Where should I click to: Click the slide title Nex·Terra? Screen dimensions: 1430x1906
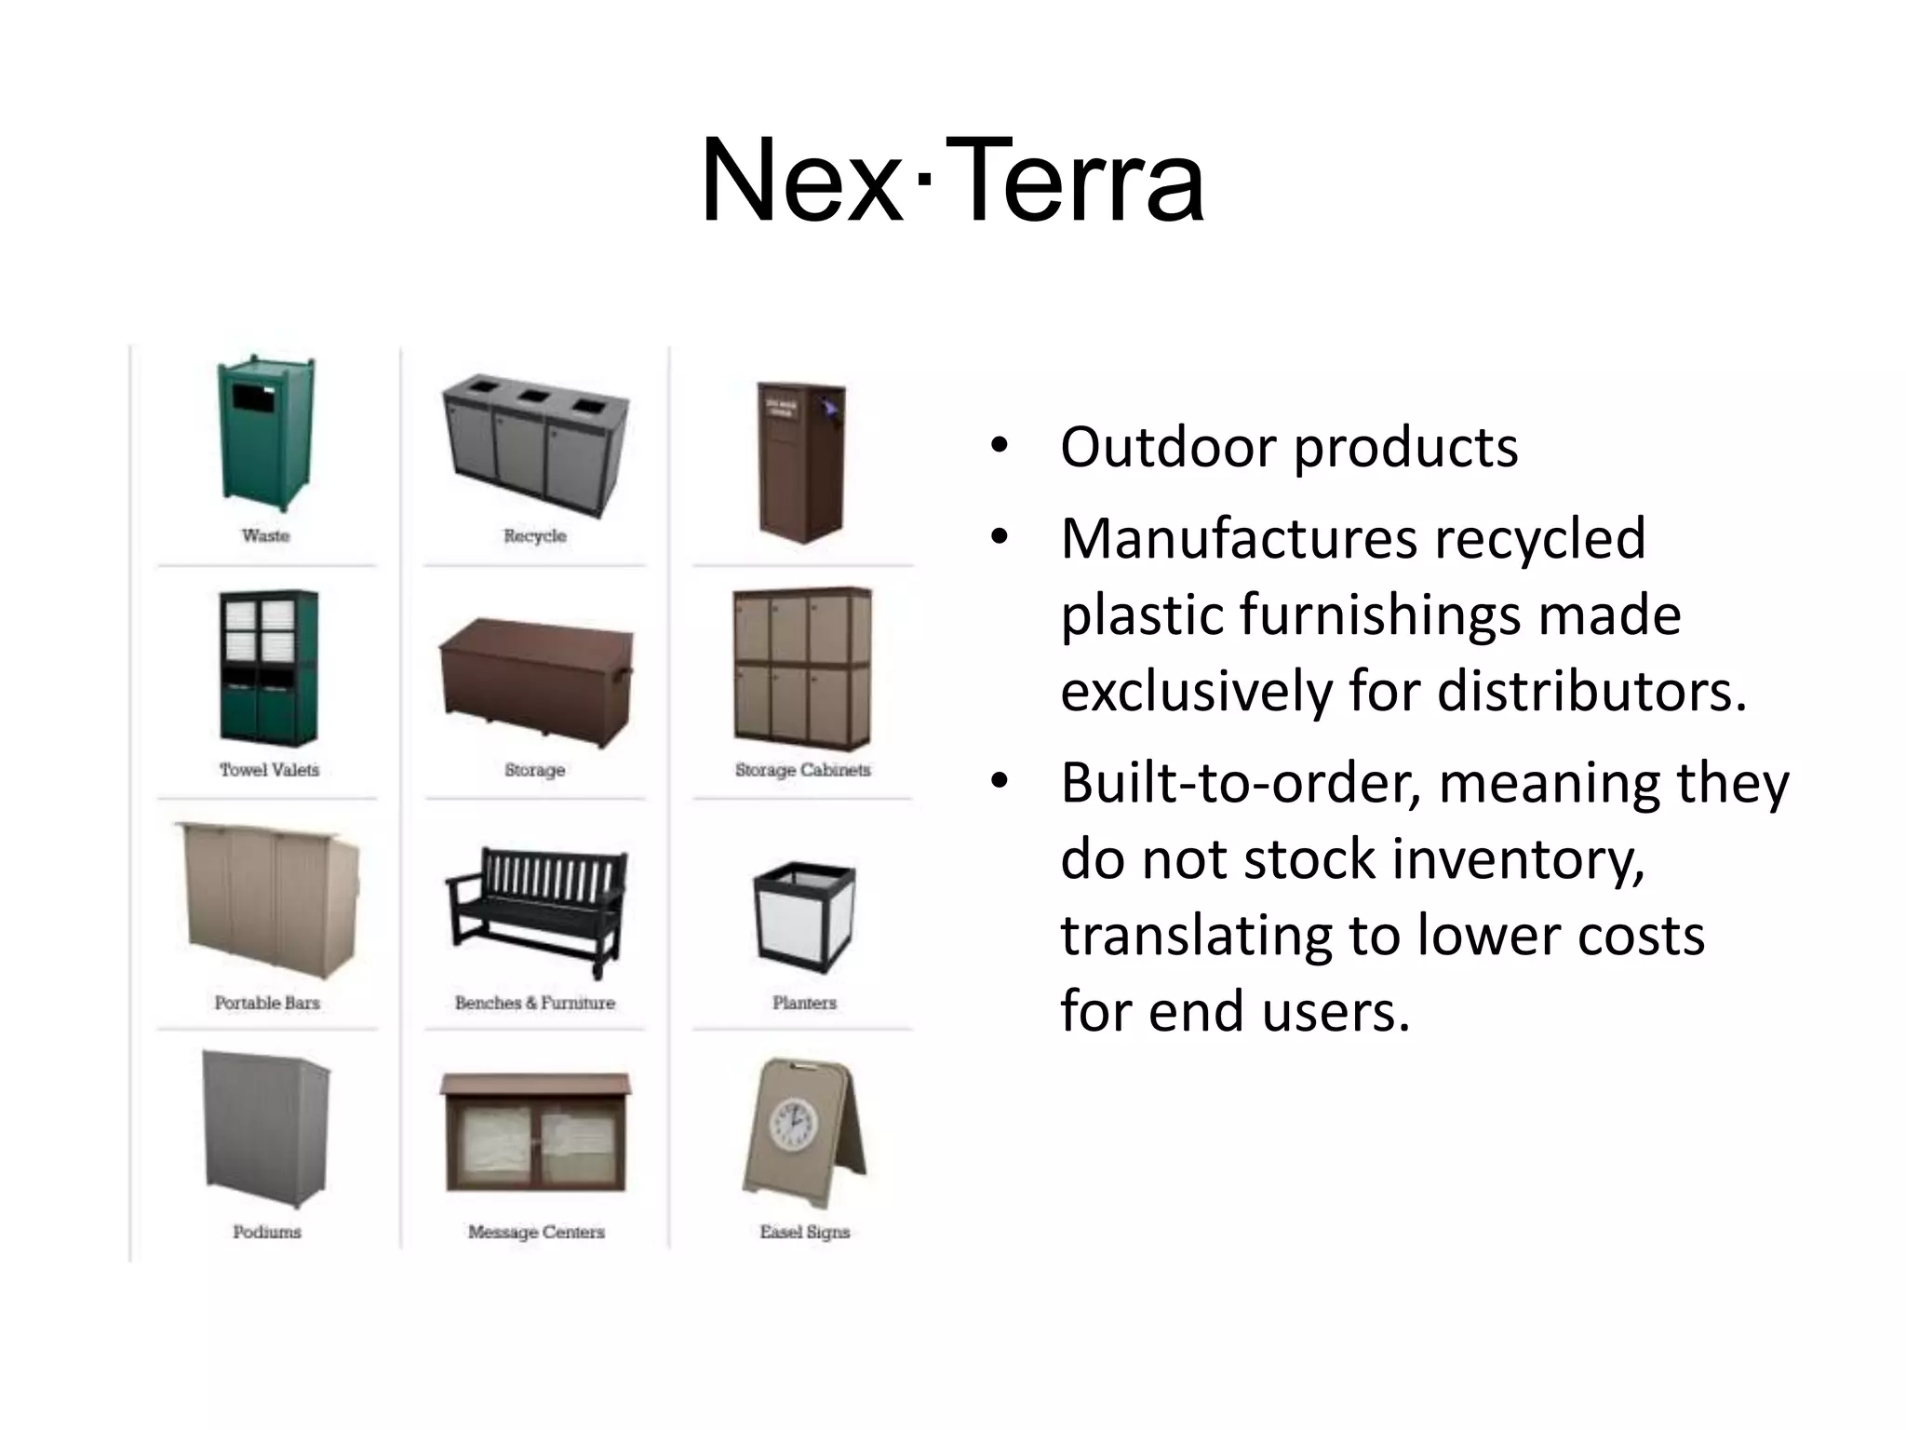coord(952,181)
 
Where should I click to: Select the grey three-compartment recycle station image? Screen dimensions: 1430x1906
coord(535,445)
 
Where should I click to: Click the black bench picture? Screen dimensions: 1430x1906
coord(535,909)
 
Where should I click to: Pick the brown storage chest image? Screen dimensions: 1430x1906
coord(535,680)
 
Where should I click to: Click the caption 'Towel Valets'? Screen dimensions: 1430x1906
coord(269,770)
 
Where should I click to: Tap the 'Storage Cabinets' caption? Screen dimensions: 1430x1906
coord(802,770)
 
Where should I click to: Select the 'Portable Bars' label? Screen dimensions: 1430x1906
coord(267,1003)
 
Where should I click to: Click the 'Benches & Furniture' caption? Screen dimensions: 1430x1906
coord(535,1003)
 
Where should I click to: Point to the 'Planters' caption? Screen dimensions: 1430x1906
coord(804,1003)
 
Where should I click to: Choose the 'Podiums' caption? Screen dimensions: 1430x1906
coord(267,1232)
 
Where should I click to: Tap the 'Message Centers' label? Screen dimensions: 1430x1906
coord(536,1232)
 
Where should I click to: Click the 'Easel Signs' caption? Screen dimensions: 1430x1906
coord(804,1232)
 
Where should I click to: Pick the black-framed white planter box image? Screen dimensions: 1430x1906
coord(804,917)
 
